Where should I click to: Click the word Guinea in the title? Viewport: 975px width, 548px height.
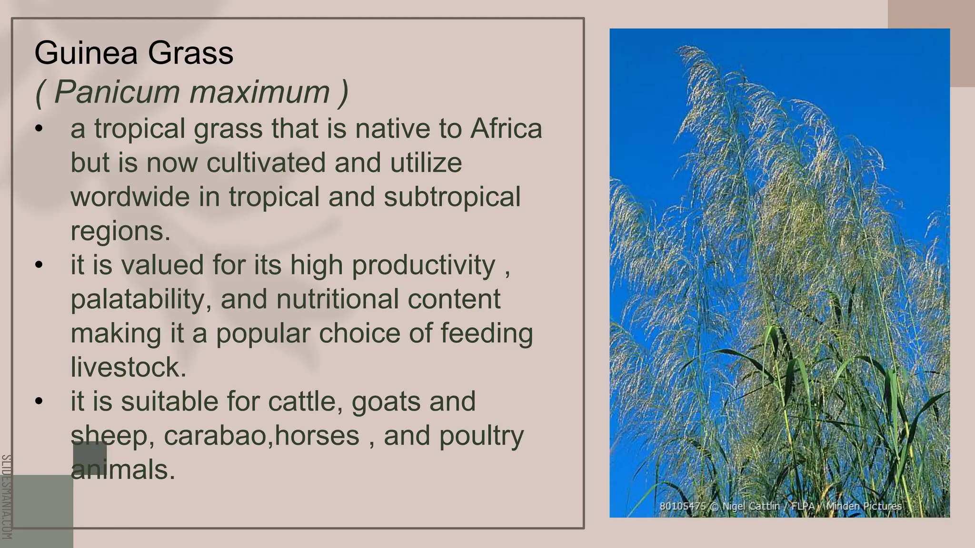pyautogui.click(x=86, y=53)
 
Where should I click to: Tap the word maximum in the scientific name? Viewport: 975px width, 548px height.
pyautogui.click(x=260, y=91)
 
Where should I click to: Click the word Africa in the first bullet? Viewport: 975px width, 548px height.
pyautogui.click(x=506, y=129)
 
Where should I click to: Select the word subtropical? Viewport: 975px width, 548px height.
pyautogui.click(x=452, y=197)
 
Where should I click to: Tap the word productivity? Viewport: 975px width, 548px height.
pyautogui.click(x=423, y=265)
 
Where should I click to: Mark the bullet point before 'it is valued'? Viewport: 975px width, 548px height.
pyautogui.click(x=39, y=265)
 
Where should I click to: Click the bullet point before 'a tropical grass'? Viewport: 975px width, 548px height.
pyautogui.click(x=39, y=129)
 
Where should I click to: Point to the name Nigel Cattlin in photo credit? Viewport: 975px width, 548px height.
pyautogui.click(x=751, y=506)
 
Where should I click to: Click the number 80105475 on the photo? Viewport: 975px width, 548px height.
pyautogui.click(x=682, y=506)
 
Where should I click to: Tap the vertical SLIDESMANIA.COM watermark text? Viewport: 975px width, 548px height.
pyautogui.click(x=6, y=497)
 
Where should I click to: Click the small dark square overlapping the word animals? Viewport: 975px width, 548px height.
pyautogui.click(x=90, y=460)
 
